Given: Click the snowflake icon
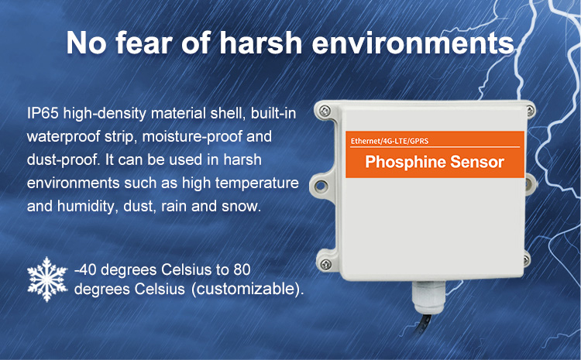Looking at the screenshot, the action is tap(47, 279).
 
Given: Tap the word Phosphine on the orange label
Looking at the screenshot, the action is tap(405, 162).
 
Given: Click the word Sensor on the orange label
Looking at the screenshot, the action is tap(477, 162).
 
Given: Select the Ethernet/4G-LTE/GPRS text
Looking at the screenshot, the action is tap(390, 141).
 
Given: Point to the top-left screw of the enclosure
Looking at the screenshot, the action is tap(325, 110).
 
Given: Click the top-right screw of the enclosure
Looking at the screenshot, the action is tap(530, 110).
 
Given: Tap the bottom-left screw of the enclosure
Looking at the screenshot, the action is tap(325, 264).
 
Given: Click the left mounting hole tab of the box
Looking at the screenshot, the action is tap(321, 185).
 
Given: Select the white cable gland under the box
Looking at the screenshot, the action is tap(428, 297).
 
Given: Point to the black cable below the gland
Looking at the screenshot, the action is tap(425, 325).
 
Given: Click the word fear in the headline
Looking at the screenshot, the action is tap(144, 43).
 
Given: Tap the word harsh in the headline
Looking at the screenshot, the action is tap(261, 43).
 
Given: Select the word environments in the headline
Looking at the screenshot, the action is tap(413, 43).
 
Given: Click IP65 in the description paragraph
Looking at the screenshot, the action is tap(43, 113).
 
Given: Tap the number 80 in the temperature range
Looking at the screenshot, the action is tap(242, 269).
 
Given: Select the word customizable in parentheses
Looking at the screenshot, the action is tap(246, 289).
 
